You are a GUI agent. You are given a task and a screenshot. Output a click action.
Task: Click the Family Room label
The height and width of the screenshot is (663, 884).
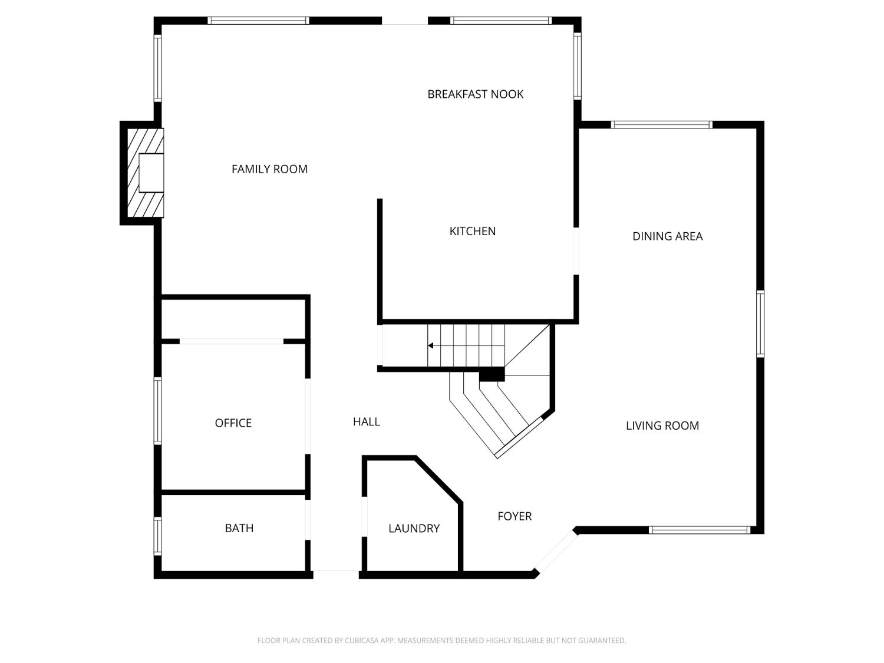pyautogui.click(x=269, y=169)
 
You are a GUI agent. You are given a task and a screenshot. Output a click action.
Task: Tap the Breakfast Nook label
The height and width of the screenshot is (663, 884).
pyautogui.click(x=475, y=94)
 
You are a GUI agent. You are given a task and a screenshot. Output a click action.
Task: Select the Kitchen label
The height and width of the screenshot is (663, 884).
pyautogui.click(x=472, y=231)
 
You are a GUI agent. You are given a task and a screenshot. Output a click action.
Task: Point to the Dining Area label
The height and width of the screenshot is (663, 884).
pyautogui.click(x=667, y=236)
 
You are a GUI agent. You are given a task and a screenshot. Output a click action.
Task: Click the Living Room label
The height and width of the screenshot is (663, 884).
pyautogui.click(x=662, y=425)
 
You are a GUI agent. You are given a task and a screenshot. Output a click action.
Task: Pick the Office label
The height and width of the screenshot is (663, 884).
pyautogui.click(x=233, y=423)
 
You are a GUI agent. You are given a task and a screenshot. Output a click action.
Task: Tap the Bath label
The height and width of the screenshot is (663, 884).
pyautogui.click(x=239, y=528)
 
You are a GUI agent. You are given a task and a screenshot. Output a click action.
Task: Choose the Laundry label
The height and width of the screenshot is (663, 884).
pyautogui.click(x=414, y=529)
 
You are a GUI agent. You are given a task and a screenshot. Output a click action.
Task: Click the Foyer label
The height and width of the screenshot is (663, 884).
pyautogui.click(x=514, y=516)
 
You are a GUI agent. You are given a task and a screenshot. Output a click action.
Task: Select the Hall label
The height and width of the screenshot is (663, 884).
pyautogui.click(x=366, y=421)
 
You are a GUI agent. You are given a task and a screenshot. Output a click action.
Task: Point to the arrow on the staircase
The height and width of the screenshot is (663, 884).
pyautogui.click(x=431, y=346)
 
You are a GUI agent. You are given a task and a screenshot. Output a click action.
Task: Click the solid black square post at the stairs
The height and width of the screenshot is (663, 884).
pyautogui.click(x=492, y=374)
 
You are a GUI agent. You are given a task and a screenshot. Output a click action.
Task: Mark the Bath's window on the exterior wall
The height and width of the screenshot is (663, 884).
pyautogui.click(x=157, y=536)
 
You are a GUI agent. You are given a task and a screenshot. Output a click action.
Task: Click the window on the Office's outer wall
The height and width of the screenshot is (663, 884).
pyautogui.click(x=157, y=410)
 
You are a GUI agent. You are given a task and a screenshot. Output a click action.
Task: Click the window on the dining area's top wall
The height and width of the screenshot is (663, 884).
pyautogui.click(x=661, y=124)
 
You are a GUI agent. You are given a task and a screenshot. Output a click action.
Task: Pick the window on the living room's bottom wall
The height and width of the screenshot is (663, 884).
pyautogui.click(x=699, y=530)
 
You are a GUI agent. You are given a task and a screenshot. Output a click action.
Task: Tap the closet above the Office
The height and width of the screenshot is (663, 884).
pyautogui.click(x=233, y=319)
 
